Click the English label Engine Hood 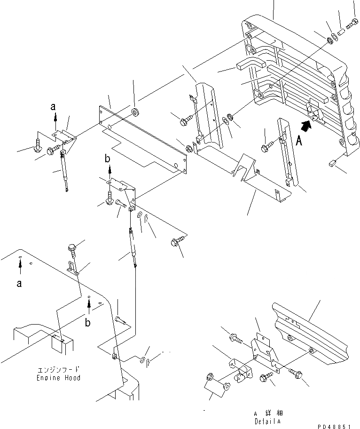point(59,378)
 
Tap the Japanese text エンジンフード point(59,370)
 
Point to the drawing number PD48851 point(335,426)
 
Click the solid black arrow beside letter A point(306,124)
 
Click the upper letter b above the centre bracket point(107,159)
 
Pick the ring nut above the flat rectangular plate point(135,112)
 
